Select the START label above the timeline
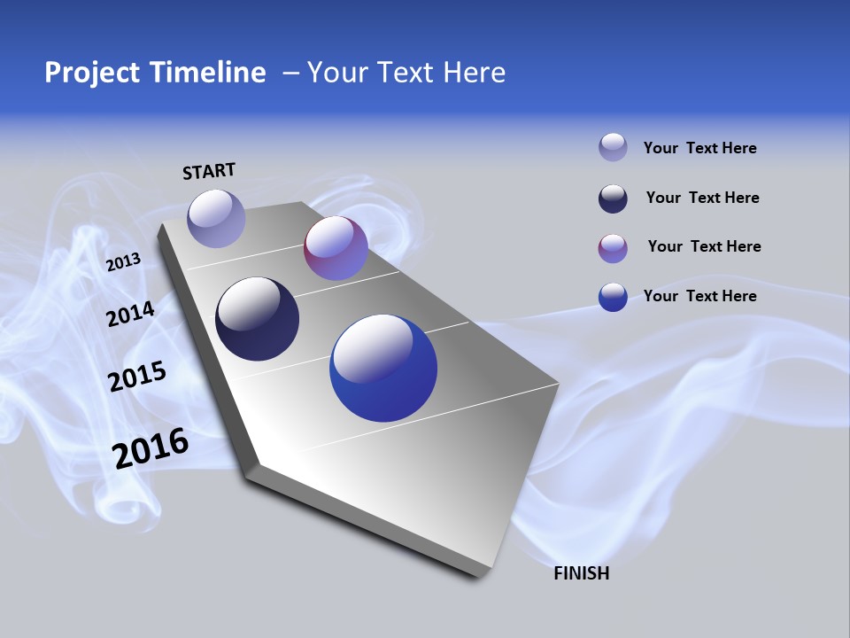(209, 171)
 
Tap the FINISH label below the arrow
(581, 573)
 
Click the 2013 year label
(123, 262)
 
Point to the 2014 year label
(130, 314)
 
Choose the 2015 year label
(137, 377)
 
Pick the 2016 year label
(151, 448)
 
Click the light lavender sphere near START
(216, 218)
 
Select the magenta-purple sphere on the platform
(336, 248)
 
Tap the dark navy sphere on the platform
(257, 319)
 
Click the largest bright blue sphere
(383, 368)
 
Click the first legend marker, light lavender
(613, 147)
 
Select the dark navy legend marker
(613, 198)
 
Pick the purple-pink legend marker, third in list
(613, 248)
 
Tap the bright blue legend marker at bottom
(613, 297)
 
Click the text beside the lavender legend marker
(699, 148)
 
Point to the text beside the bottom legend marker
(699, 296)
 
